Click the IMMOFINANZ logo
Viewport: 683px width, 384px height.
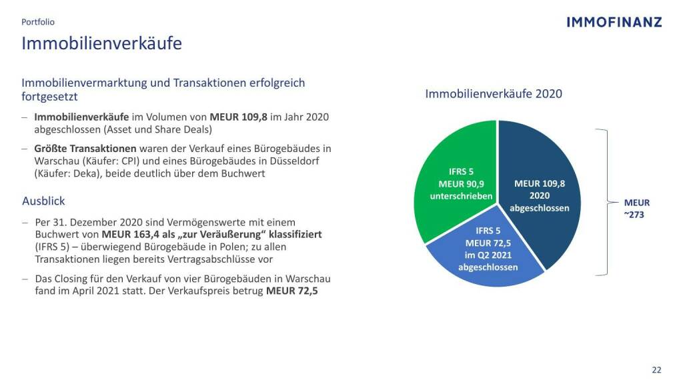click(614, 22)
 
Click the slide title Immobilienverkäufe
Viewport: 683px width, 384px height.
click(101, 44)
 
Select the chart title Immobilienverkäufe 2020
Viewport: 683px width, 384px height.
click(494, 94)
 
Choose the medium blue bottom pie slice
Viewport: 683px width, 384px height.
click(487, 260)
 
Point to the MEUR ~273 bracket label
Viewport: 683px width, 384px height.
click(636, 209)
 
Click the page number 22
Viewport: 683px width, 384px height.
click(656, 370)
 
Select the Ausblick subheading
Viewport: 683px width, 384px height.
click(43, 201)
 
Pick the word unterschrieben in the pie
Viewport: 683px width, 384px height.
click(461, 196)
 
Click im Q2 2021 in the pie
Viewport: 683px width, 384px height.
click(488, 255)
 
